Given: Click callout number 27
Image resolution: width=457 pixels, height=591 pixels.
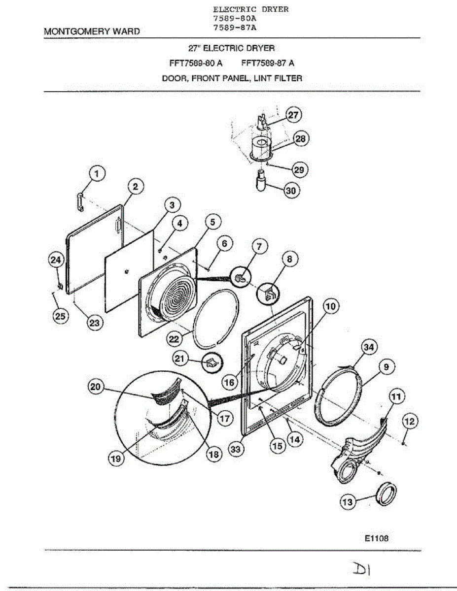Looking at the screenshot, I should (294, 115).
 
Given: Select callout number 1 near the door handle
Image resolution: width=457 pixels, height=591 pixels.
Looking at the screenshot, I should (97, 173).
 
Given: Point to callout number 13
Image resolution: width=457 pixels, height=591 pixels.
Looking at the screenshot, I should (348, 502).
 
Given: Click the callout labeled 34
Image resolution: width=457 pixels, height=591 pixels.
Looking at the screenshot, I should (368, 347).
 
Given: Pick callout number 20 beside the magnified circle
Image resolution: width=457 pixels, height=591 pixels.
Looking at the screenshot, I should (97, 388).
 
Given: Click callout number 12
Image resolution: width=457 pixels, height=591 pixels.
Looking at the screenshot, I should (410, 421).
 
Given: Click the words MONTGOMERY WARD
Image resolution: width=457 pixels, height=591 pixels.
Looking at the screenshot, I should (92, 31).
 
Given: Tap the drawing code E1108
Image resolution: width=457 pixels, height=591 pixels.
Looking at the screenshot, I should (377, 538).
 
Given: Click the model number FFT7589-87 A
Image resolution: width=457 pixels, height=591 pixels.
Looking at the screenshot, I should (268, 63).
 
